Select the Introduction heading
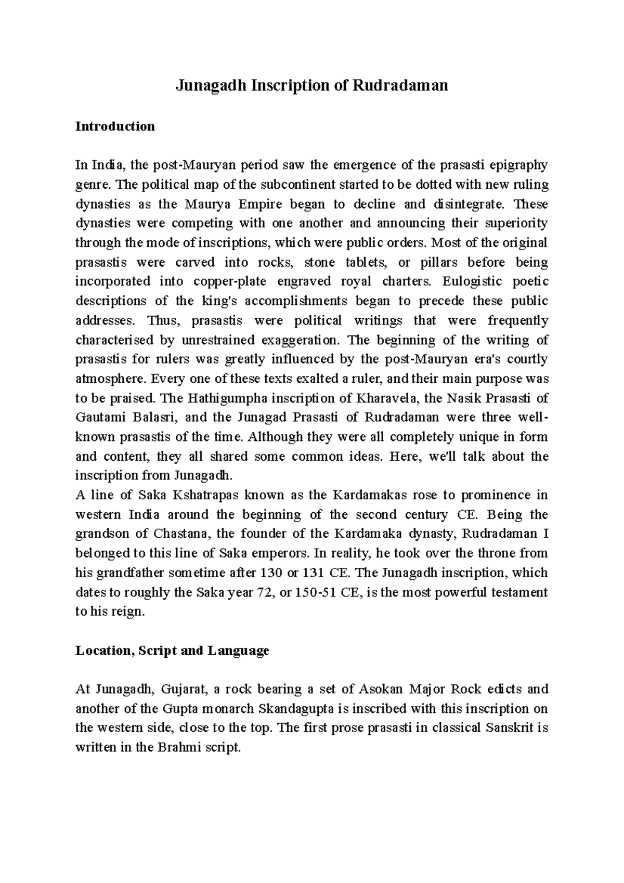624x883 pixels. [x=115, y=126]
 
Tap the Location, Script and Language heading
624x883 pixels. [x=172, y=651]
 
